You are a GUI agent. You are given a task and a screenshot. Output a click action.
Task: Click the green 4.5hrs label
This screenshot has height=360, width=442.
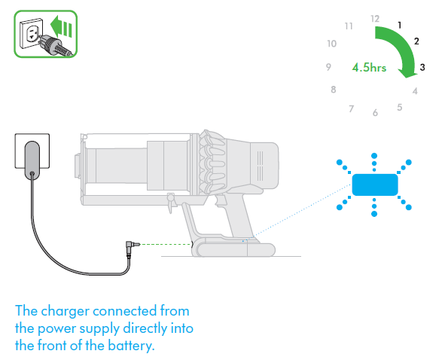[x=369, y=68]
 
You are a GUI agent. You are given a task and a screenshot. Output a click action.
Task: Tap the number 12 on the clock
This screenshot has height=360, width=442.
[x=375, y=19]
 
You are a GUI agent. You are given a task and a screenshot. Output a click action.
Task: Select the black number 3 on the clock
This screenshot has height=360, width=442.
[x=422, y=67]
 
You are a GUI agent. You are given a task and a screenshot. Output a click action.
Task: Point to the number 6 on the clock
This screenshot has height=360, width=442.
[x=375, y=113]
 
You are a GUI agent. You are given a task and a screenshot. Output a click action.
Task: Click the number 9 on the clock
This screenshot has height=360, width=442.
[x=328, y=67]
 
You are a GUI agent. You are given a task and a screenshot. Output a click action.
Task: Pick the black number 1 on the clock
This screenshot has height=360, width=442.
[x=399, y=26]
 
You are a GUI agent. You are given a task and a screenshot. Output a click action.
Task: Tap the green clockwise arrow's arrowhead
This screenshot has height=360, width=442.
[x=408, y=72]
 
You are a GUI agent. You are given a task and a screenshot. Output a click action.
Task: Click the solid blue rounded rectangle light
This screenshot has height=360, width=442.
[x=375, y=185]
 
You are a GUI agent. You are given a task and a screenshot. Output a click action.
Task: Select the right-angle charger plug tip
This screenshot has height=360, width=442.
[x=137, y=244]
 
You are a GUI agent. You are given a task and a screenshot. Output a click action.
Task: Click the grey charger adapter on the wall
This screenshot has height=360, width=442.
[x=32, y=160]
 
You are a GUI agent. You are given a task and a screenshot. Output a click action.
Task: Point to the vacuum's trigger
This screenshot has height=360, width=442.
[x=221, y=201]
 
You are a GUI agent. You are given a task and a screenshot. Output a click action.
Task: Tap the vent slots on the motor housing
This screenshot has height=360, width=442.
[x=261, y=166]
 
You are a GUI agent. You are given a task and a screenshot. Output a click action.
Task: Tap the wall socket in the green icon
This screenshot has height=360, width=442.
[x=31, y=33]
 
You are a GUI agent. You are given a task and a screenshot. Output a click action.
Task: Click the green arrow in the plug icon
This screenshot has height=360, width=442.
[x=61, y=27]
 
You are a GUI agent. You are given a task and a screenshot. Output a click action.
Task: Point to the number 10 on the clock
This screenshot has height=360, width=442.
[x=332, y=44]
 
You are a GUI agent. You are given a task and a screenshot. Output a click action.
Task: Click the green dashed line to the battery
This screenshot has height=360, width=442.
[x=166, y=245]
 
